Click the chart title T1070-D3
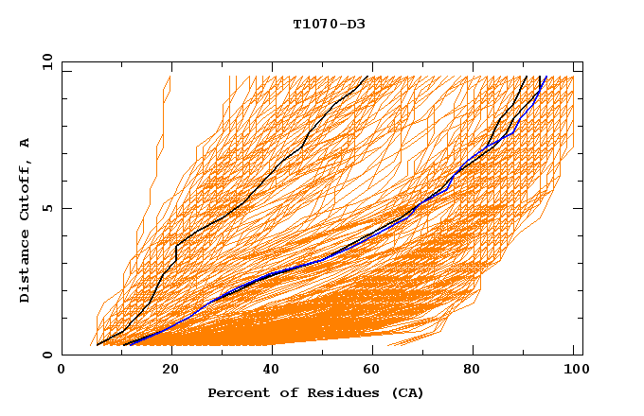[x=329, y=25]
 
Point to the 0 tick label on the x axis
[x=63, y=371]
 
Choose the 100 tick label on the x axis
[x=571, y=371]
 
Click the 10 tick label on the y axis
[x=46, y=62]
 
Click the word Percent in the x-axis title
[x=237, y=392]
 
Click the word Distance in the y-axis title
[x=25, y=268]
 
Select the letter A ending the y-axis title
[x=25, y=142]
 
